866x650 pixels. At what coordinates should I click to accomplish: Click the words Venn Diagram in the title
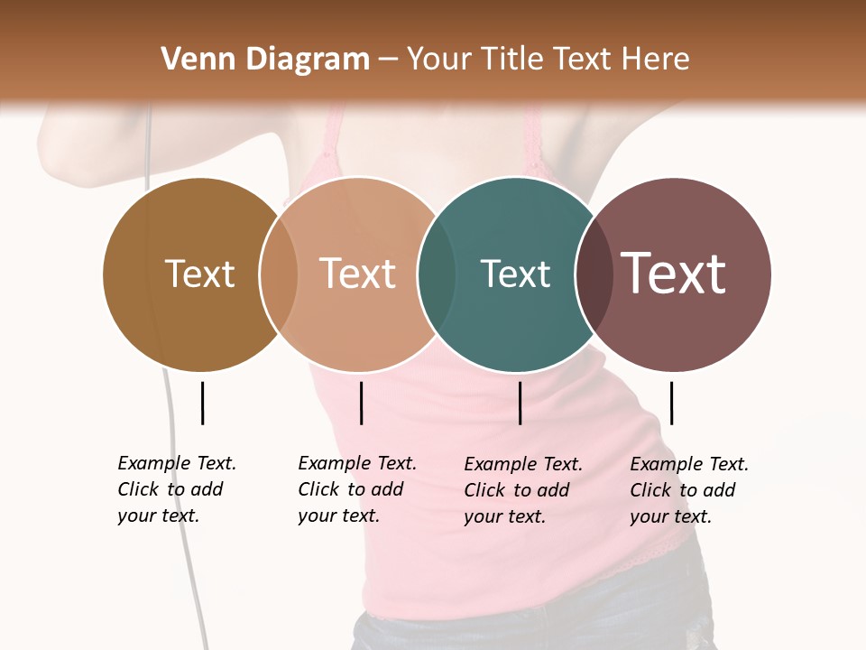click(x=265, y=60)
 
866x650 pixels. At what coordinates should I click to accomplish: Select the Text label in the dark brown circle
click(x=199, y=274)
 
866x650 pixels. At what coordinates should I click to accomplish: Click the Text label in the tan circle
click(x=358, y=274)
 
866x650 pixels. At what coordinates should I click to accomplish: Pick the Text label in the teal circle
click(x=515, y=274)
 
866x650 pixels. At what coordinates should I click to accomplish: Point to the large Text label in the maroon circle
click(x=674, y=274)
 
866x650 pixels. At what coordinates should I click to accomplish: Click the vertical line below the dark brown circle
click(x=202, y=403)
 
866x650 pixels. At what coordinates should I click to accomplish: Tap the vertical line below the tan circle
click(x=361, y=403)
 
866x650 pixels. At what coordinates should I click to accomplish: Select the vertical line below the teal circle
click(x=520, y=403)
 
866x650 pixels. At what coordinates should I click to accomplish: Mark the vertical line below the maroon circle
click(x=671, y=403)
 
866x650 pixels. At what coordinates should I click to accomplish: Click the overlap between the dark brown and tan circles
click(x=279, y=274)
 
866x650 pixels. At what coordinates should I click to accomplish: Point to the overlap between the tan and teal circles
click(x=437, y=274)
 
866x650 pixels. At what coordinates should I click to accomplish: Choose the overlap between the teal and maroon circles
click(x=594, y=274)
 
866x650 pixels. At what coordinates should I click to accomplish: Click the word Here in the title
click(x=655, y=60)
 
